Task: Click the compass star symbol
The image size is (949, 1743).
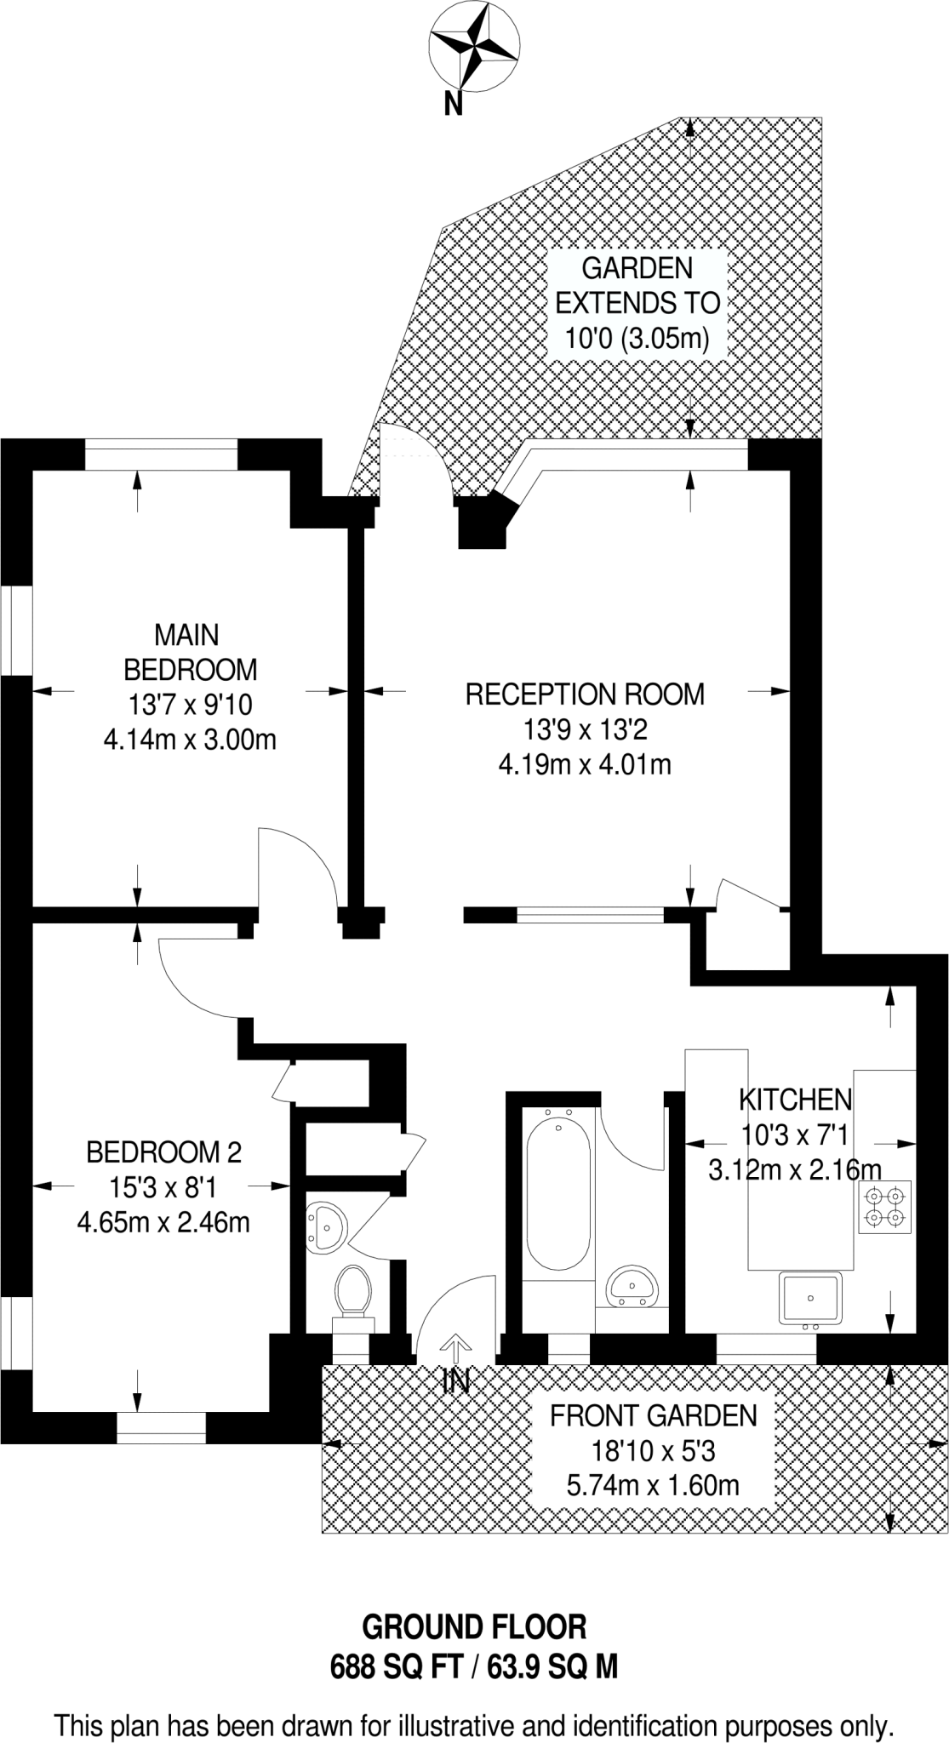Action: [x=475, y=45]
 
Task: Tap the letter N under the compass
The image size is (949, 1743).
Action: [x=454, y=104]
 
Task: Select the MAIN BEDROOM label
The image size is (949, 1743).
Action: [x=190, y=652]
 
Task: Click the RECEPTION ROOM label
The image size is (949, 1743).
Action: [x=585, y=694]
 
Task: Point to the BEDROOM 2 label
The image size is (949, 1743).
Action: [x=163, y=1152]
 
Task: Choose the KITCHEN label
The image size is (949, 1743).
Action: [x=795, y=1100]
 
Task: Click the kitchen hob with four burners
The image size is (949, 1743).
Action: [x=885, y=1207]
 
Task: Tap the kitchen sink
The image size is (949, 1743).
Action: [x=810, y=1300]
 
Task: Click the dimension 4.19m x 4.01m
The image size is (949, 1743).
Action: [x=585, y=764]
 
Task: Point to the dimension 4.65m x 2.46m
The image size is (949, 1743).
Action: [x=163, y=1223]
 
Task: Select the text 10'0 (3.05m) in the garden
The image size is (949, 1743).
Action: [x=637, y=338]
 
